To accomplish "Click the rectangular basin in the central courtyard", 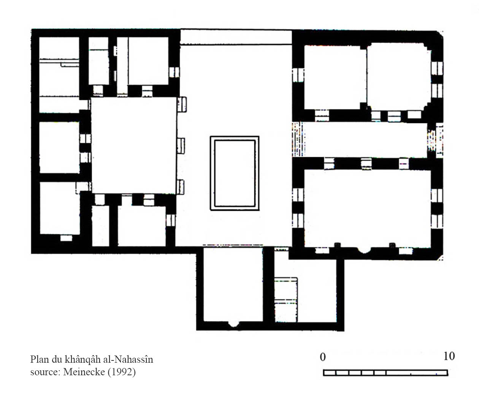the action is [235, 173].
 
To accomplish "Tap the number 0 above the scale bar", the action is [322, 357].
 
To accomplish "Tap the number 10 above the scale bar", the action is [449, 356].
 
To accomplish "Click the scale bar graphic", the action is [385, 373].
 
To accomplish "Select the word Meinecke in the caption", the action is [84, 371].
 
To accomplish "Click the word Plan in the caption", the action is [40, 359].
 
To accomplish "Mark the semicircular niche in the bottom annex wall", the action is [233, 324].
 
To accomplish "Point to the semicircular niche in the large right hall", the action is [364, 250].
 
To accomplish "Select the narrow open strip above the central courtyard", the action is [236, 37].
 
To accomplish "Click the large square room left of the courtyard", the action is [134, 145].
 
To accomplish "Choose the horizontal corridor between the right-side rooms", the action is [366, 140].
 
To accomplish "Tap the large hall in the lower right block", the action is [368, 209].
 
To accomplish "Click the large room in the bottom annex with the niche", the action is [233, 284].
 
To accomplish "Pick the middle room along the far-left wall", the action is [59, 147].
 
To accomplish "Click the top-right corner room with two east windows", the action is [399, 77].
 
